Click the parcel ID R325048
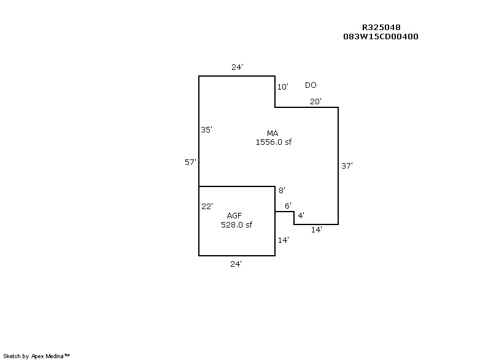pos(381,28)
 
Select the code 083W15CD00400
pos(381,36)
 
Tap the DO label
pos(311,85)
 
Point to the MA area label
pos(273,133)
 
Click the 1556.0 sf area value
pos(273,142)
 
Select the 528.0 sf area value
pos(236,224)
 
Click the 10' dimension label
pos(282,87)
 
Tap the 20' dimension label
pos(315,102)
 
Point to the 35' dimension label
pos(206,129)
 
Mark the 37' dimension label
pos(347,166)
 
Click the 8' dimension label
pos(282,190)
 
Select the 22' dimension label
pos(207,207)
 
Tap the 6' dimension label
pos(288,205)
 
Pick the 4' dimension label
pos(300,215)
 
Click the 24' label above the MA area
pos(237,67)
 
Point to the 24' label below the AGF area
pos(236,264)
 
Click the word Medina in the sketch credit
pos(53,356)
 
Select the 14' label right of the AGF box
pos(283,240)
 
